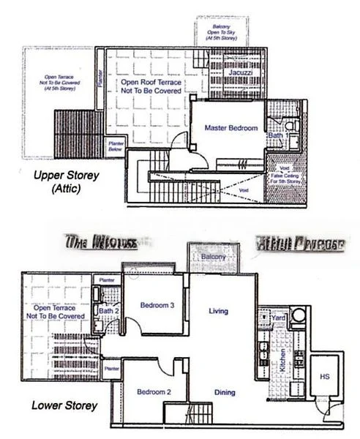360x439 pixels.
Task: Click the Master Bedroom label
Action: point(230,128)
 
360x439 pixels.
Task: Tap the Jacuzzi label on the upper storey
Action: point(240,75)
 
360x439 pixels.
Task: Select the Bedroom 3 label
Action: point(157,306)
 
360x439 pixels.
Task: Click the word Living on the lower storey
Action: point(218,312)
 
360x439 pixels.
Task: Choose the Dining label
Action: point(225,393)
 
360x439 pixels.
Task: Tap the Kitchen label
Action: point(282,361)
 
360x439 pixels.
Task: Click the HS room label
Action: point(325,376)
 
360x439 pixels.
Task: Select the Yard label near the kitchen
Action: point(278,318)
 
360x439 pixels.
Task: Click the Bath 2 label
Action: point(106,312)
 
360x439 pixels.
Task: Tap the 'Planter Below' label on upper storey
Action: point(115,144)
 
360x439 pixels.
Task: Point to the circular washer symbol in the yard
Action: point(299,316)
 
